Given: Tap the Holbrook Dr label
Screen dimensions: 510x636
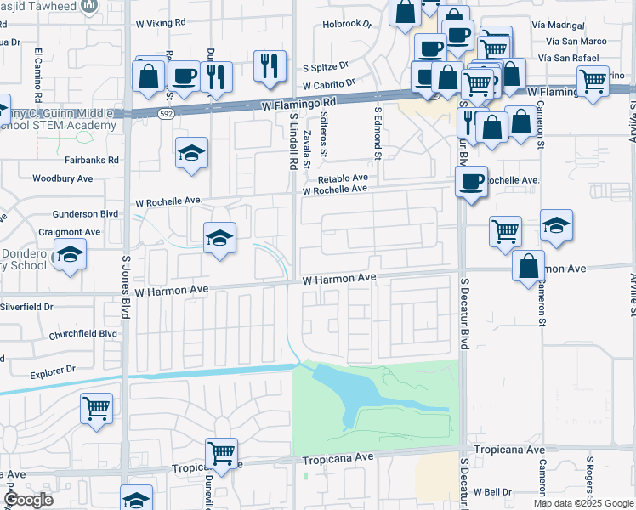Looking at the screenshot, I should coord(348,24).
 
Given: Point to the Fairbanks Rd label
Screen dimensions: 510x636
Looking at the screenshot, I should coord(92,159).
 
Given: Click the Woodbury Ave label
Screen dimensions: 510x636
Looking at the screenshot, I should coord(62,178).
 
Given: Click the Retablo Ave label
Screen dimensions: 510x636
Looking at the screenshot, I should coord(343,178).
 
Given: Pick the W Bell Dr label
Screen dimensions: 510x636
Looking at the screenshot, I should coord(493,491).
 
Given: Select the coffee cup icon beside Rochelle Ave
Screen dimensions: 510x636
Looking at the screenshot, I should coord(472,180).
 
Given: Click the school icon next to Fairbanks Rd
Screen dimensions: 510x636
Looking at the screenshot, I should coord(192,153).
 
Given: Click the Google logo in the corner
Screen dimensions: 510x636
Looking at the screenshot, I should coord(29,500).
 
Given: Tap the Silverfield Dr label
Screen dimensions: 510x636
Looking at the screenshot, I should coord(27,306).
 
